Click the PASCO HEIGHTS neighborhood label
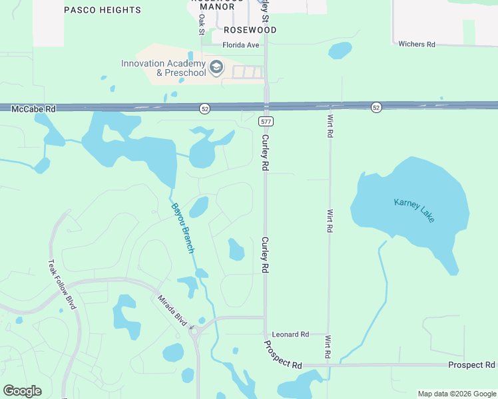pyautogui.click(x=103, y=10)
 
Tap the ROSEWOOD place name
pyautogui.click(x=250, y=30)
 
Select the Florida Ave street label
pyautogui.click(x=240, y=45)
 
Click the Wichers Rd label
pyautogui.click(x=416, y=45)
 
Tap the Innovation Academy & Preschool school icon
pyautogui.click(x=216, y=68)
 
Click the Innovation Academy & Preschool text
pyautogui.click(x=164, y=68)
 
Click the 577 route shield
pyautogui.click(x=266, y=122)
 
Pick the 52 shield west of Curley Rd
pyautogui.click(x=205, y=108)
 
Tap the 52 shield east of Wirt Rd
pyautogui.click(x=376, y=107)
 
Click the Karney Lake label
pyautogui.click(x=413, y=210)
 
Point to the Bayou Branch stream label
pyautogui.click(x=182, y=227)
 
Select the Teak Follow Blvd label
pyautogui.click(x=62, y=284)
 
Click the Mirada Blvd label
pyautogui.click(x=172, y=309)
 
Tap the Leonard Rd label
pyautogui.click(x=291, y=334)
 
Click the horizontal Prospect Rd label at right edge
pyautogui.click(x=471, y=365)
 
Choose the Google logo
pyautogui.click(x=23, y=391)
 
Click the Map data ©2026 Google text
pyautogui.click(x=456, y=394)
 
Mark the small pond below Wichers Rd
pyautogui.click(x=340, y=50)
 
